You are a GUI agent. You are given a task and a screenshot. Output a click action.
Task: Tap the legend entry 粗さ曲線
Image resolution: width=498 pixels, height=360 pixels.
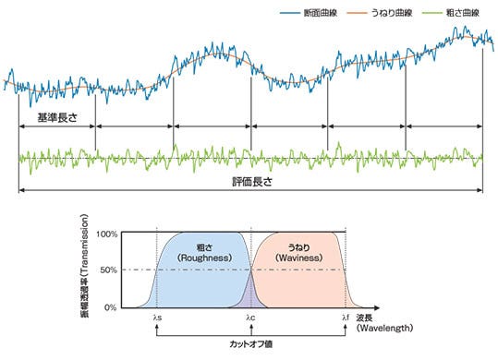click(x=466, y=13)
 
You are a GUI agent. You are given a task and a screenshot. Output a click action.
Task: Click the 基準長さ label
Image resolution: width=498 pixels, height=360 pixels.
click(x=57, y=117)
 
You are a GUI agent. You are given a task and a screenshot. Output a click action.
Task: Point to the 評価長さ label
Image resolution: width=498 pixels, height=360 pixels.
click(x=251, y=183)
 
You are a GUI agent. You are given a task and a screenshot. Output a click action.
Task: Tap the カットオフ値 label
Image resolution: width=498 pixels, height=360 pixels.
click(x=251, y=342)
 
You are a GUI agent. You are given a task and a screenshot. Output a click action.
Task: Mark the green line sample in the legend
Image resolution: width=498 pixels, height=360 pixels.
click(x=431, y=13)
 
